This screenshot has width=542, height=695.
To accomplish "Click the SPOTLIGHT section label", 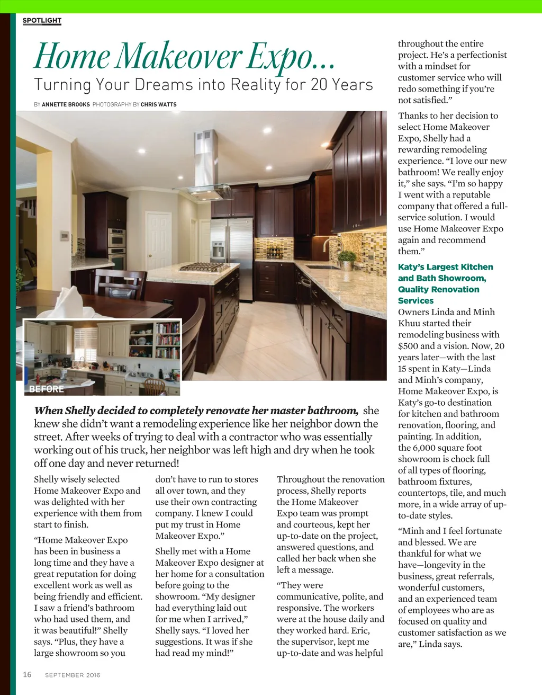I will (42, 21).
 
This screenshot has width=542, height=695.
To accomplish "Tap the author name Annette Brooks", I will (66, 105).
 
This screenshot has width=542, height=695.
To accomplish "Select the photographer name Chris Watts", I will (159, 105).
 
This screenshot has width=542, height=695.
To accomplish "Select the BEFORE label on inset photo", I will (47, 389).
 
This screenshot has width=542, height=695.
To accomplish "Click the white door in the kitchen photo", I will (159, 241).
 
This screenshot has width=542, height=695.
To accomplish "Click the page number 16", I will (27, 674).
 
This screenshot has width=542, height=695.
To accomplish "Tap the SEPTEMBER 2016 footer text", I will (73, 675).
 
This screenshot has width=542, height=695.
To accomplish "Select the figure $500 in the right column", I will (409, 346).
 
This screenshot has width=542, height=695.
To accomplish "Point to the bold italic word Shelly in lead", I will (80, 411).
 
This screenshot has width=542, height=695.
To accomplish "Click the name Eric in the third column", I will (360, 630).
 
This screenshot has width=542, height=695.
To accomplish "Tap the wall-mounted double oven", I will (117, 249).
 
